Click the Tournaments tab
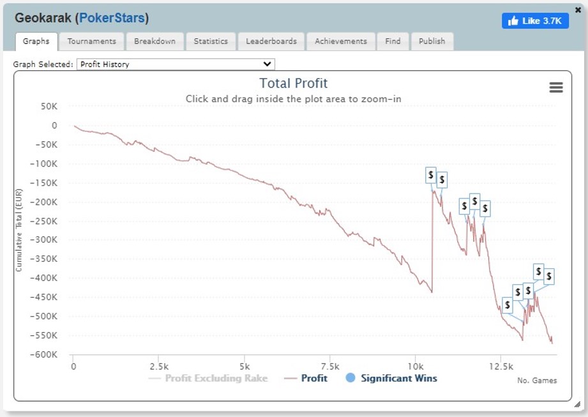[92, 41]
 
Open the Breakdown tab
[155, 41]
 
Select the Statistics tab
[211, 41]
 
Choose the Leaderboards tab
[271, 41]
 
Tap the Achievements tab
[341, 41]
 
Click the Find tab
[393, 41]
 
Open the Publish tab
[432, 41]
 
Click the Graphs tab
[36, 41]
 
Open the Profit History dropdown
[175, 64]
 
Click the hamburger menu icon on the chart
[556, 87]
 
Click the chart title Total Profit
[294, 83]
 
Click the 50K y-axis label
[49, 106]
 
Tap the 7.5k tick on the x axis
[329, 367]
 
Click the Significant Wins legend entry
[391, 378]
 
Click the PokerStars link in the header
[112, 19]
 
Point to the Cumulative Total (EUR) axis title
[19, 230]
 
